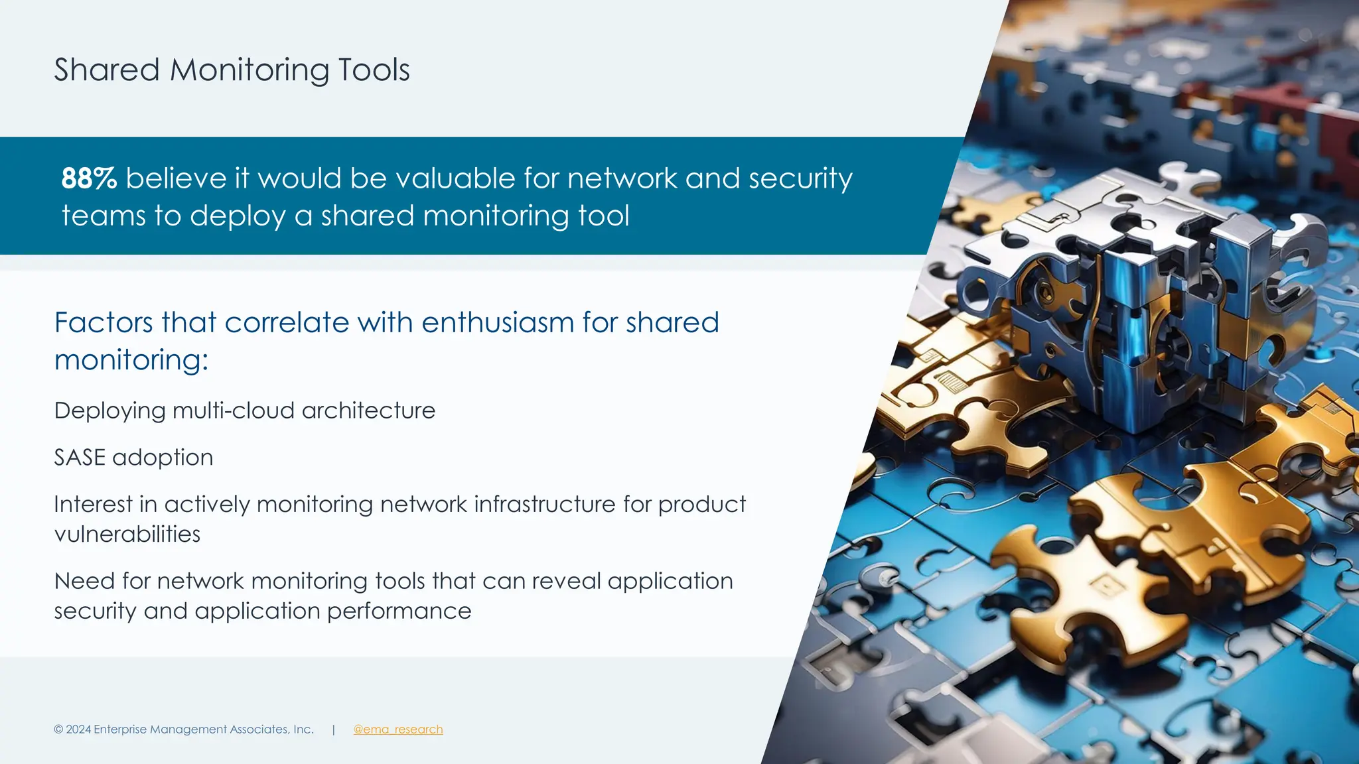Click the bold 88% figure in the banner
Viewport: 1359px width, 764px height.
pos(89,178)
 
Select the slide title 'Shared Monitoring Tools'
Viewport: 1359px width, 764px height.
pos(232,70)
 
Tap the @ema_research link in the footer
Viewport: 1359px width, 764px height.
pos(398,730)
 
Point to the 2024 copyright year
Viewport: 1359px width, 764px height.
pos(78,730)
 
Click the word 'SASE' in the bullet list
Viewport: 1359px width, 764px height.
pos(80,458)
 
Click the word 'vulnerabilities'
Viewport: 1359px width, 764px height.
pos(127,535)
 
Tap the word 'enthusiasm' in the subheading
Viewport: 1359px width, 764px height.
pos(498,323)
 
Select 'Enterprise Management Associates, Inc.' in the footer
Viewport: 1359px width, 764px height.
pos(204,730)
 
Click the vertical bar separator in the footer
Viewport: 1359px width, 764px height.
pos(333,730)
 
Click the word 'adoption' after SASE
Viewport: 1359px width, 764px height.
pos(163,458)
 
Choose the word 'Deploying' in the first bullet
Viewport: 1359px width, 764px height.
pos(109,411)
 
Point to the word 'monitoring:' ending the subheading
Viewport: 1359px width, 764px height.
pos(131,361)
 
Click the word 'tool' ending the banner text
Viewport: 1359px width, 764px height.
pos(603,216)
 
